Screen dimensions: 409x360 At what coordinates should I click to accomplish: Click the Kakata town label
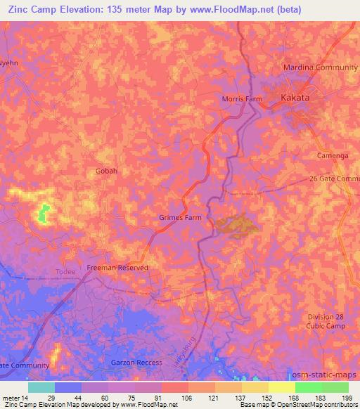click(295, 98)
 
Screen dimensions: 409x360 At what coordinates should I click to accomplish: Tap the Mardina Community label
click(320, 67)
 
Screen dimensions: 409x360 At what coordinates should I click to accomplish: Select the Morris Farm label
click(242, 99)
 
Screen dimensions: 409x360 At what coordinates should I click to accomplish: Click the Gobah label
click(106, 171)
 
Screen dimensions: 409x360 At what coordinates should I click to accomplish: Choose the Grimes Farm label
click(179, 218)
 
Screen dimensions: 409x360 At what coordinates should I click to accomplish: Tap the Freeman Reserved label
click(117, 268)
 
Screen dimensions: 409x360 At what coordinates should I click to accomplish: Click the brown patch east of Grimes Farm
click(237, 224)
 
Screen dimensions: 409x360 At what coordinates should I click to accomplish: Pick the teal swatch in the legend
click(41, 387)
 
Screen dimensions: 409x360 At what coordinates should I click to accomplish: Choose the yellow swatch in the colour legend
click(282, 387)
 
